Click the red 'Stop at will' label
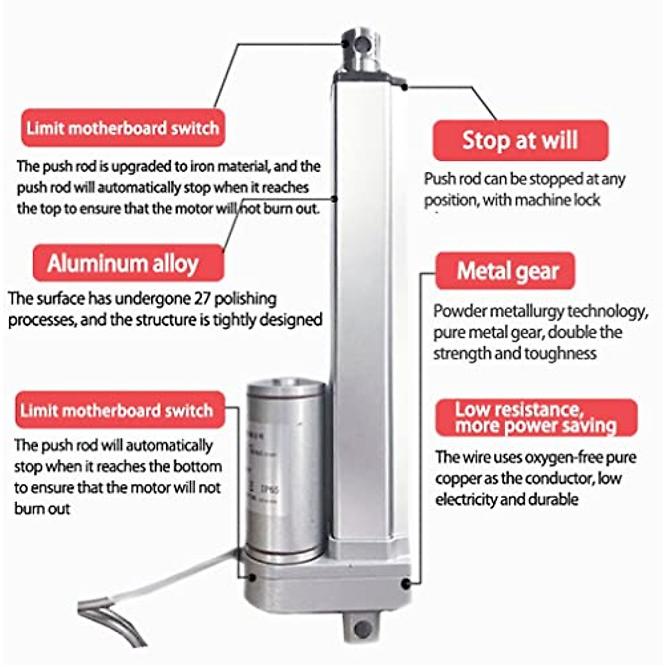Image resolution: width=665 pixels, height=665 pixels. coord(520,140)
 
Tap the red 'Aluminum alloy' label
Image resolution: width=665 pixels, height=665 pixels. coord(123,263)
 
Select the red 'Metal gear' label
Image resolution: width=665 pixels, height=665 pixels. coord(508,271)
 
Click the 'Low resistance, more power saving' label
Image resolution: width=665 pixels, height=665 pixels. coord(536,417)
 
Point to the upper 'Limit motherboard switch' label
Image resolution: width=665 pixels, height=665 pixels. coord(123,128)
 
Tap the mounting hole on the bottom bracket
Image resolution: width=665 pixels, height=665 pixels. coord(363,628)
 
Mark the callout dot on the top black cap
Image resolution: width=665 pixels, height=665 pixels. coord(405,86)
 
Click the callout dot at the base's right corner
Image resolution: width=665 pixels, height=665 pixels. coord(406,584)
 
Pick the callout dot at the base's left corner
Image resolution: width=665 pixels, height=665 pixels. coord(252,577)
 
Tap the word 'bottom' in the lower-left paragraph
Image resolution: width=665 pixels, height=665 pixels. coord(197,467)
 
